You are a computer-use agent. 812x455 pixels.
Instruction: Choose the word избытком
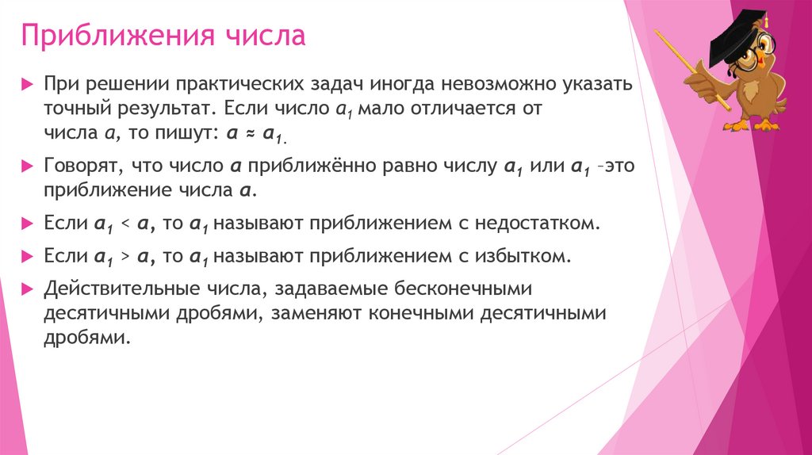(x=523, y=256)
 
